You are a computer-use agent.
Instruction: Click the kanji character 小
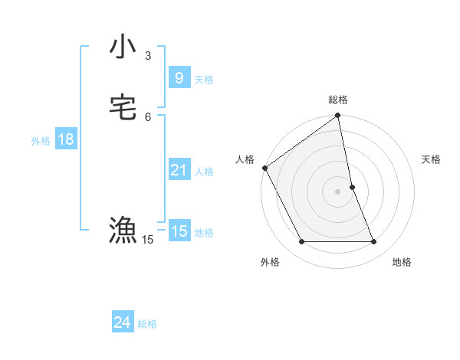(x=123, y=47)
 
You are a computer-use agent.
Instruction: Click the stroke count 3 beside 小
(x=148, y=55)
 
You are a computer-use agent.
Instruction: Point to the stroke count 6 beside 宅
(x=148, y=116)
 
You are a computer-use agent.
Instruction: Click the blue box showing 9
(x=179, y=78)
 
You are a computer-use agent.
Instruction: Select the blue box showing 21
(x=179, y=170)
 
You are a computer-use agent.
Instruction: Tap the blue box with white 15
(x=179, y=231)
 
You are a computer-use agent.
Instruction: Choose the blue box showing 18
(x=65, y=139)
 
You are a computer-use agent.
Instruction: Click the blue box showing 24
(x=122, y=323)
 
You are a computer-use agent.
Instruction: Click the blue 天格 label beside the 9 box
(x=204, y=80)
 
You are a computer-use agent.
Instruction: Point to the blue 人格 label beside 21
(x=205, y=172)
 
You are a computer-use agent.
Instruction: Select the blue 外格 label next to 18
(x=41, y=141)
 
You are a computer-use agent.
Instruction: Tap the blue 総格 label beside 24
(x=147, y=324)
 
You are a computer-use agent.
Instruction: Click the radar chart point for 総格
(x=338, y=116)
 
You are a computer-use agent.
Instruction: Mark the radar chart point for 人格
(x=264, y=168)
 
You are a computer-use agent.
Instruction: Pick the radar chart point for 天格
(x=352, y=187)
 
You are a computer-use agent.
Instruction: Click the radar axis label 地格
(x=402, y=262)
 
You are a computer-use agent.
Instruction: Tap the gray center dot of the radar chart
(x=338, y=191)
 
